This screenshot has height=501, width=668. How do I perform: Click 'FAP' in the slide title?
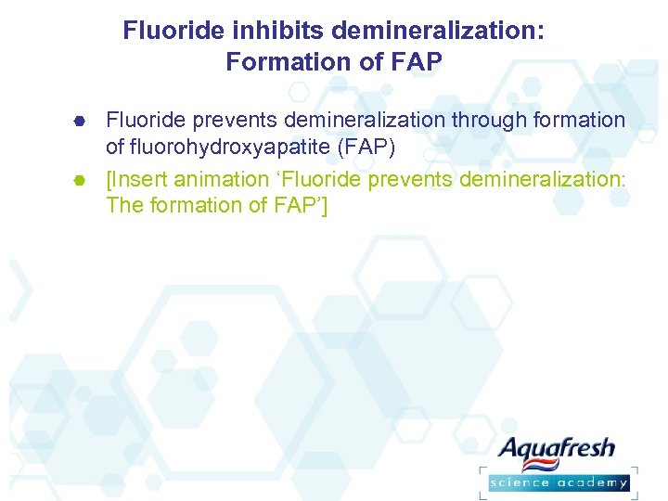click(418, 62)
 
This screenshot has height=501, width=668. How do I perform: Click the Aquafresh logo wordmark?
click(557, 450)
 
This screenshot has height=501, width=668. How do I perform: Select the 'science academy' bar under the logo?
click(559, 482)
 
